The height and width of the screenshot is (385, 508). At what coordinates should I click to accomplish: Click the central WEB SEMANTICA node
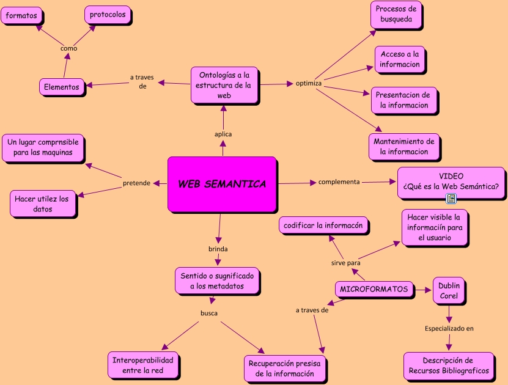(222, 184)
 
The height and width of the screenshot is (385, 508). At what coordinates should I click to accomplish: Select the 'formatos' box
(21, 15)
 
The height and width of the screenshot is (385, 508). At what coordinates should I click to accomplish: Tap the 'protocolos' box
(107, 15)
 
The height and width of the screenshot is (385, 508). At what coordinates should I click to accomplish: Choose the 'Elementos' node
(62, 87)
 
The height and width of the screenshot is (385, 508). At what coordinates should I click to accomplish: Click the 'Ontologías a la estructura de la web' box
(224, 85)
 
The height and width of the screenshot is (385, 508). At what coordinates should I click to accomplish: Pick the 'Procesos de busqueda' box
(396, 14)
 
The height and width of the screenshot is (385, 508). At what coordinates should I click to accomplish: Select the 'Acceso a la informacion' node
(400, 59)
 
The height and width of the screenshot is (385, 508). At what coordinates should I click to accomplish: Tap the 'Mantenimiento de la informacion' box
(403, 145)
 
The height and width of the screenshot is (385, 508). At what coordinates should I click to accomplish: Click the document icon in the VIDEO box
(451, 198)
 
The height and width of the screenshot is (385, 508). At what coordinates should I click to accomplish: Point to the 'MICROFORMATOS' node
(374, 289)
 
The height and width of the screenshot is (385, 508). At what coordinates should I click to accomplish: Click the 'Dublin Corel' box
(449, 291)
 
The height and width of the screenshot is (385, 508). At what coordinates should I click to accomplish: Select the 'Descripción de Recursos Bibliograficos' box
(447, 365)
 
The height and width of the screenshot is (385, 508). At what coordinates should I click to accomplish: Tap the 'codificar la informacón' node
(323, 226)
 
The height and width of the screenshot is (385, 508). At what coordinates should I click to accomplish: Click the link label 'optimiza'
(309, 82)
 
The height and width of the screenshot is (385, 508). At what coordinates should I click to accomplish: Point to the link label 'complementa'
(339, 182)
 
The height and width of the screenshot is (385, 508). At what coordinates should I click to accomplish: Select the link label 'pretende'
(136, 183)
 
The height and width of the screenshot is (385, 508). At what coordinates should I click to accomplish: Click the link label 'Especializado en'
(449, 329)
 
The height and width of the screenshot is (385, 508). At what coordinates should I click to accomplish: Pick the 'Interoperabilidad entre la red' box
(143, 365)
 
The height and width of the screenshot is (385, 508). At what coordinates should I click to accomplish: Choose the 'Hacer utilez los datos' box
(43, 204)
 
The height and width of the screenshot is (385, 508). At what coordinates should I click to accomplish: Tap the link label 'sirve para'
(345, 263)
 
